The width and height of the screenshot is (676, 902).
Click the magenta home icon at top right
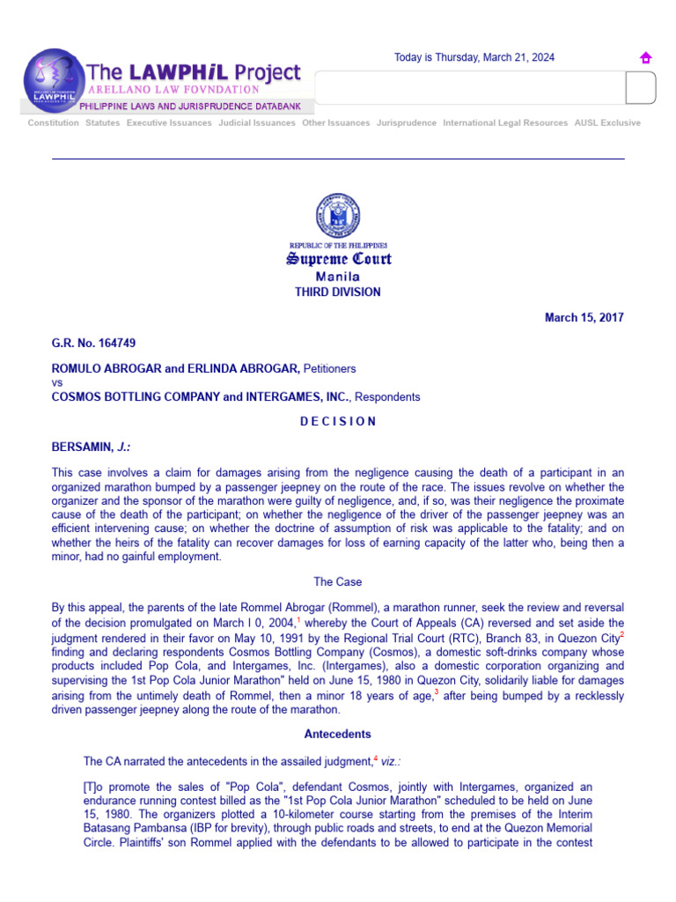(x=645, y=58)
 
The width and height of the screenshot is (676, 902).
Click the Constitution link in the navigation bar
(x=53, y=123)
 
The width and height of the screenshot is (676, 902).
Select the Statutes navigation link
(x=102, y=123)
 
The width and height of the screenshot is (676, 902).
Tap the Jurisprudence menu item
(x=406, y=123)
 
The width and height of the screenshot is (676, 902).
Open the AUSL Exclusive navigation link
(x=607, y=123)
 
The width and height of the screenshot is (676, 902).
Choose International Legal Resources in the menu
(x=505, y=123)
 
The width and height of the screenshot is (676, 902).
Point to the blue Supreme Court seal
(x=338, y=216)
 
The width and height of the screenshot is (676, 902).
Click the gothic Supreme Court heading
(x=338, y=259)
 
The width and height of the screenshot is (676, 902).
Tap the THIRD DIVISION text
(x=338, y=292)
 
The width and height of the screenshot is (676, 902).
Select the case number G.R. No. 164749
(x=94, y=344)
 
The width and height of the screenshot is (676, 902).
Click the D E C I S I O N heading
(x=338, y=422)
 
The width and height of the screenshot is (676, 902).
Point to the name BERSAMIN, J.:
(x=91, y=447)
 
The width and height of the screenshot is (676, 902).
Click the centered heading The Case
(x=338, y=582)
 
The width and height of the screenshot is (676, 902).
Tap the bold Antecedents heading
(x=338, y=735)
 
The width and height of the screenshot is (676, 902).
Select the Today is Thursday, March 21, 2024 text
(x=474, y=58)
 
